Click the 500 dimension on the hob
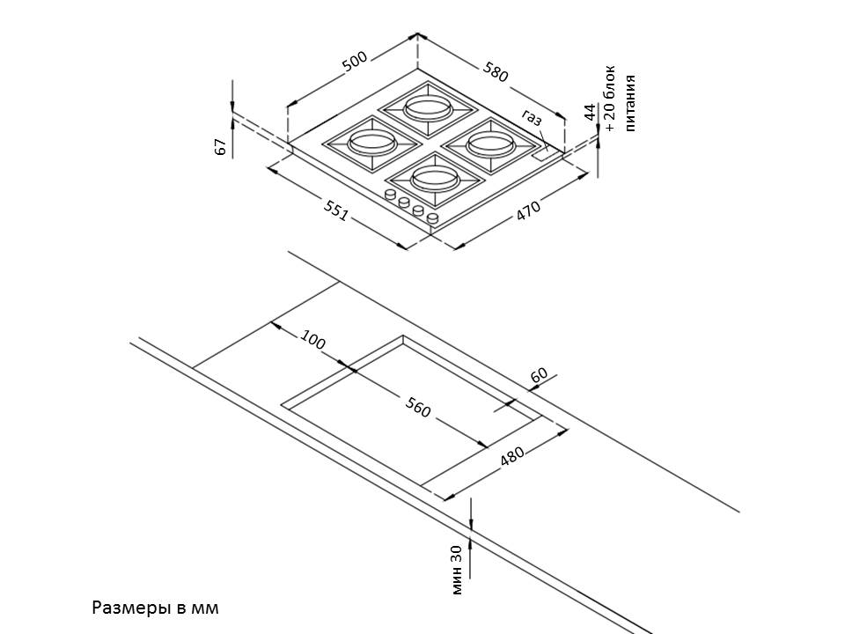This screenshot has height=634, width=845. tap(355, 62)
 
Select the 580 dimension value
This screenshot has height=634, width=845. tap(496, 72)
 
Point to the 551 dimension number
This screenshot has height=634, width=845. tap(336, 212)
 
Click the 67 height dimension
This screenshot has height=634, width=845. tap(221, 147)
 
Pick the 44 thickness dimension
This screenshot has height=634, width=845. tap(590, 112)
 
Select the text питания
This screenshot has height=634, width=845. tap(629, 103)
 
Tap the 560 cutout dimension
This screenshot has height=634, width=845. tap(418, 408)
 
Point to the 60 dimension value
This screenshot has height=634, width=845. tap(540, 374)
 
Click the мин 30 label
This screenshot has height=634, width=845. tap(456, 570)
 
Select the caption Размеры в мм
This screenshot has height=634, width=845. tap(154, 608)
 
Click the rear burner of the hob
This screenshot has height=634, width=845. tap(428, 108)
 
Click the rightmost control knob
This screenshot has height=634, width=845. tap(432, 217)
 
